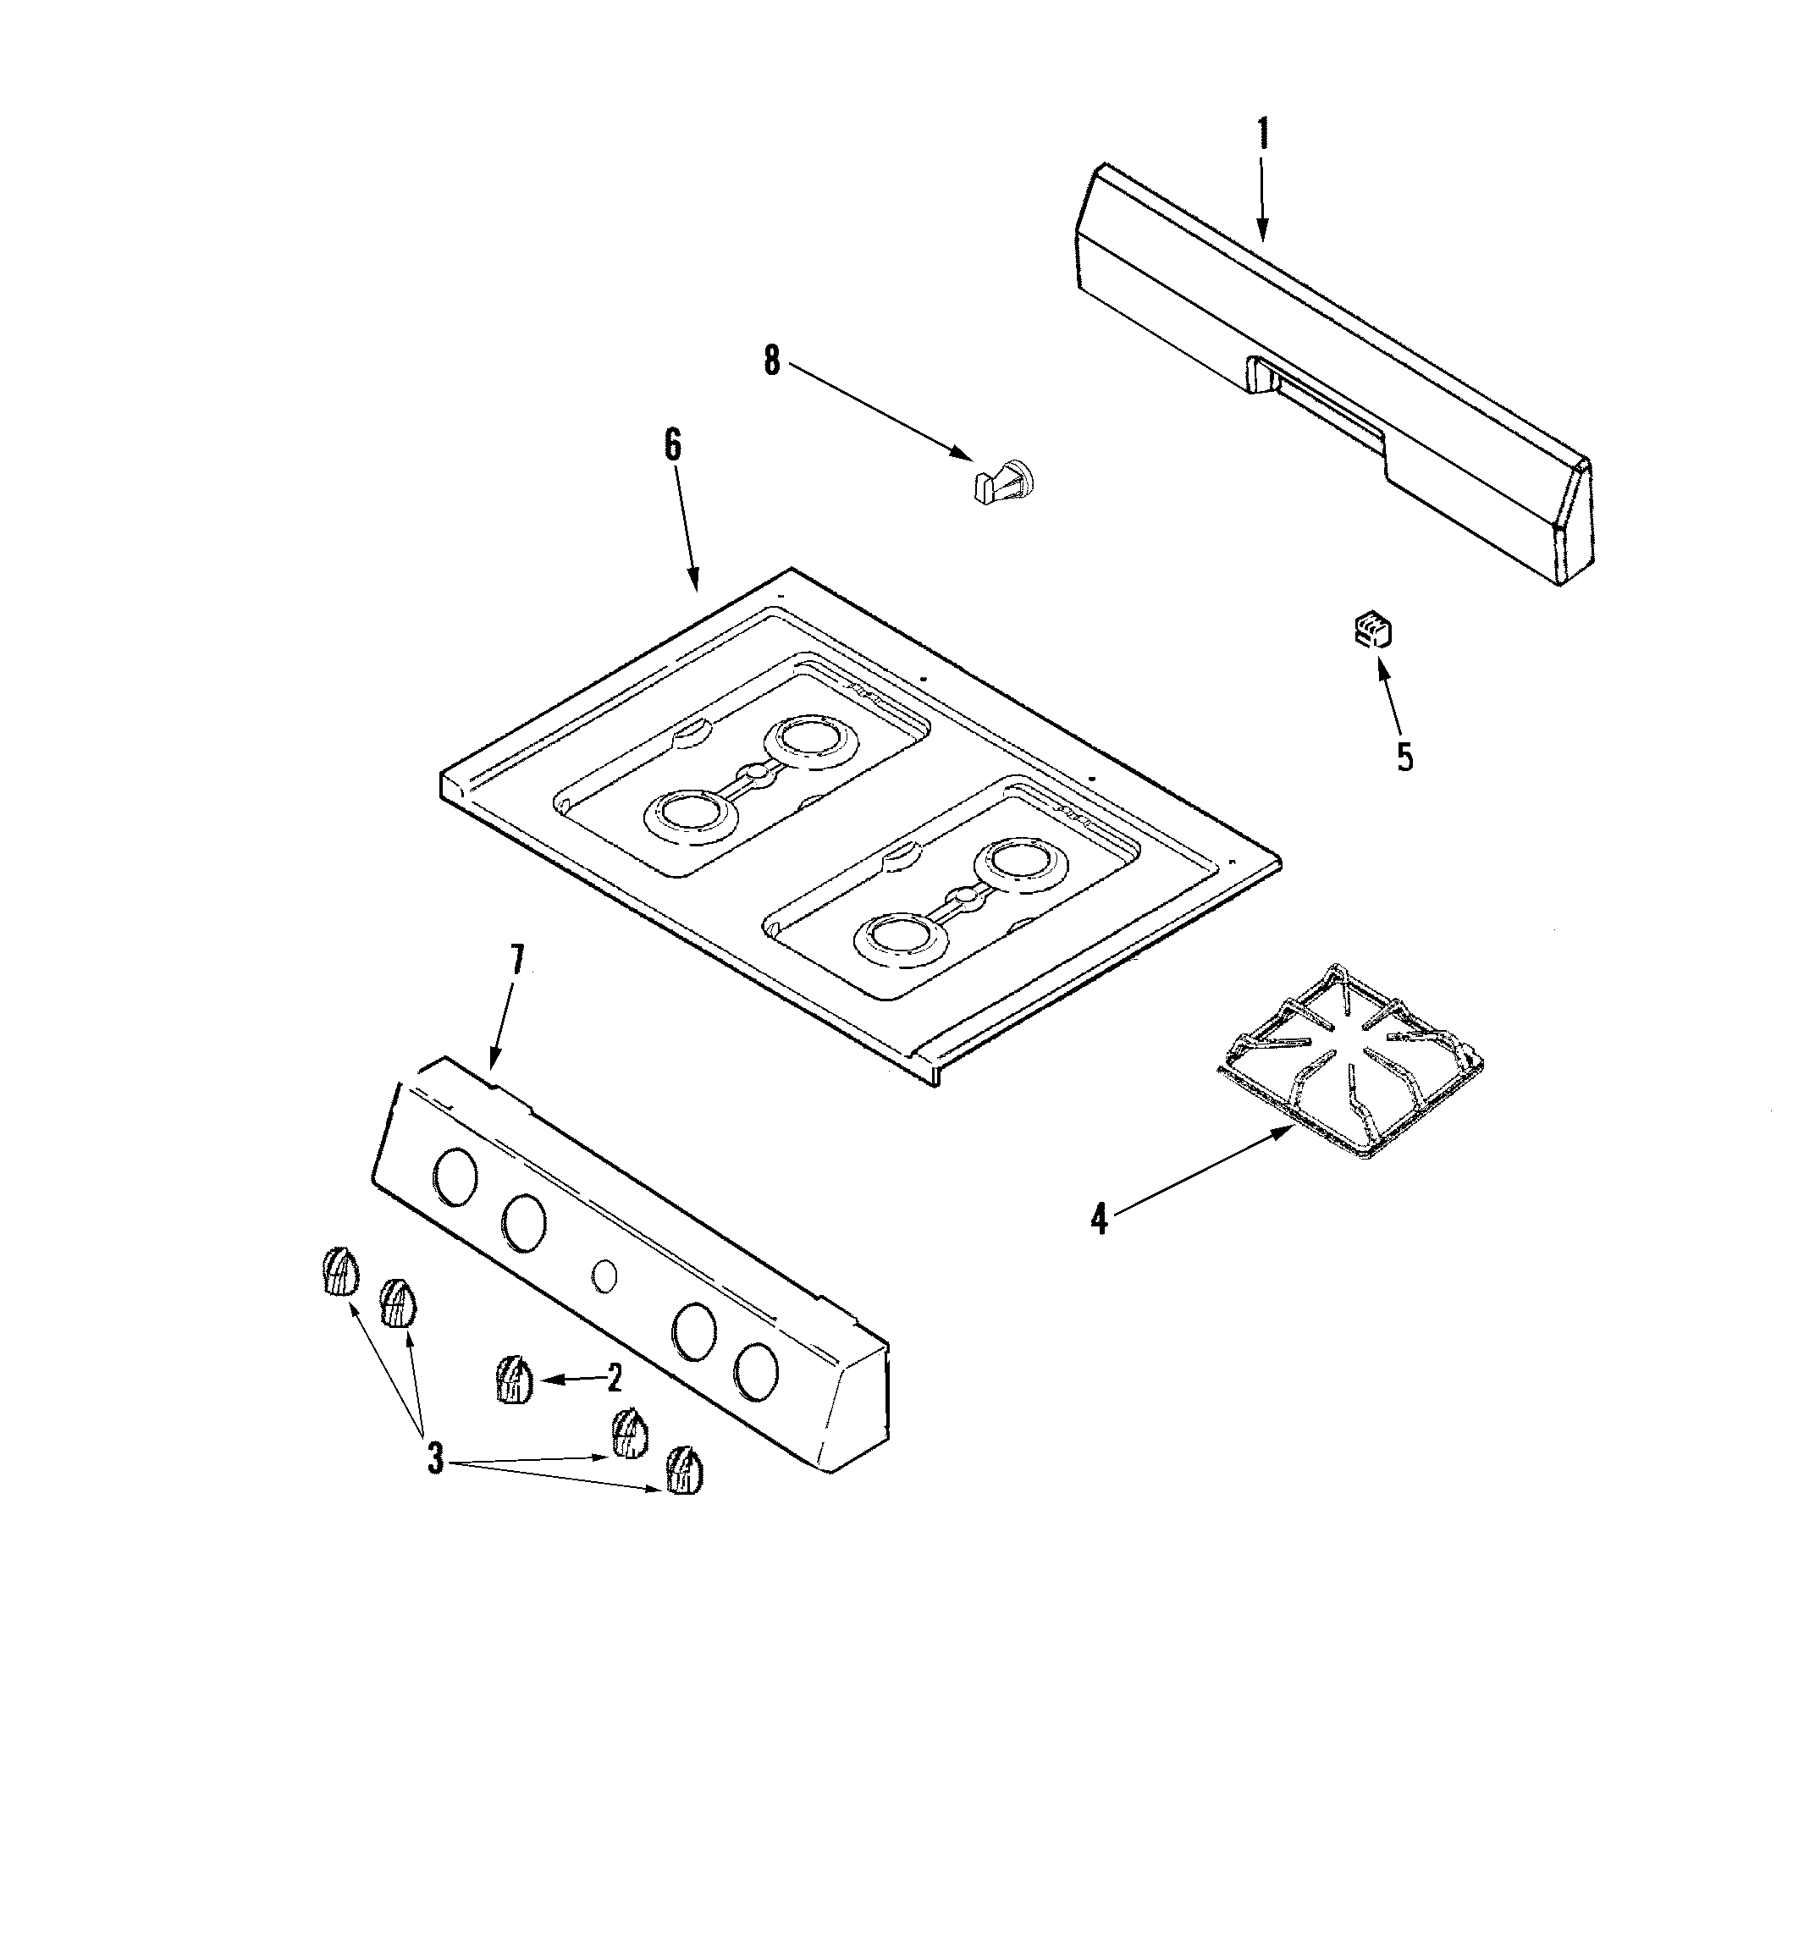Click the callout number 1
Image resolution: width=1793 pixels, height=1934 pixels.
(x=1262, y=134)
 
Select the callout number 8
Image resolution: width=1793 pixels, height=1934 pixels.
(x=771, y=361)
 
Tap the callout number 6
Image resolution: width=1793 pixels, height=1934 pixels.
(x=672, y=444)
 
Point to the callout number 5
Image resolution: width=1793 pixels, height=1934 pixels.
(x=1405, y=757)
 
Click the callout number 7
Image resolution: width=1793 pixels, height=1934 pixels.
(x=517, y=959)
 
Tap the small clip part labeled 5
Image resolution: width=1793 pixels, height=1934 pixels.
(x=1374, y=631)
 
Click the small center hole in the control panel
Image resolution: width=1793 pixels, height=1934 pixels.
(x=604, y=1276)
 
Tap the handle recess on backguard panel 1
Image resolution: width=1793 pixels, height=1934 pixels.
(x=1320, y=398)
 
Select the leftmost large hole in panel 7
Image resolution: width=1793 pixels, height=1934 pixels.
(x=455, y=1177)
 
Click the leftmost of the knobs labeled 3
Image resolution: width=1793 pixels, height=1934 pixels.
(x=338, y=1271)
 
